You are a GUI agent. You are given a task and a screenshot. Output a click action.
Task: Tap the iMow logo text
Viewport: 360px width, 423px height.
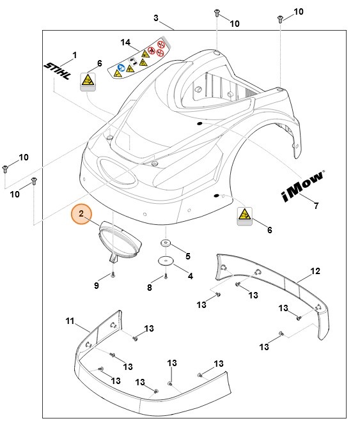(301, 185)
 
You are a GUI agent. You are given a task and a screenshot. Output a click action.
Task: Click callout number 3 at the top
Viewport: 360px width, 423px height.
(156, 18)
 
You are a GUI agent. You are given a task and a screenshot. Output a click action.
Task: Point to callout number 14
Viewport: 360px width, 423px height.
(125, 43)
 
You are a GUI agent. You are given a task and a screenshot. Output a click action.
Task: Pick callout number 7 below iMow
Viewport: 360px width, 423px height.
(316, 205)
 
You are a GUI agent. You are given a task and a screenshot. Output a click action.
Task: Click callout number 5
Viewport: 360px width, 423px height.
(187, 256)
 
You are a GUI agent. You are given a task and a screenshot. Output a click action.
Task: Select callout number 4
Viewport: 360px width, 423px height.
(189, 275)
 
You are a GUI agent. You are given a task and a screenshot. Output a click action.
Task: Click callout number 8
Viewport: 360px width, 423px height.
(149, 288)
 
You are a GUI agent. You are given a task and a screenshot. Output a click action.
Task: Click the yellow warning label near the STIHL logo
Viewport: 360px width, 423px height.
(88, 82)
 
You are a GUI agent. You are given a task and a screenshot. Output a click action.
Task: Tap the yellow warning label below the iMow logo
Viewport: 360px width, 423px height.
(245, 215)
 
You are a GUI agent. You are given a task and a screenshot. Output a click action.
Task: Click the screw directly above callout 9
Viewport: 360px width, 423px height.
(113, 274)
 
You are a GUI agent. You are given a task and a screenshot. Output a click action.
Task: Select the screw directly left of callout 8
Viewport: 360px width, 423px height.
(165, 277)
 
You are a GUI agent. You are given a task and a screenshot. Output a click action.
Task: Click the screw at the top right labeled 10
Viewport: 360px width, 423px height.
(279, 19)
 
